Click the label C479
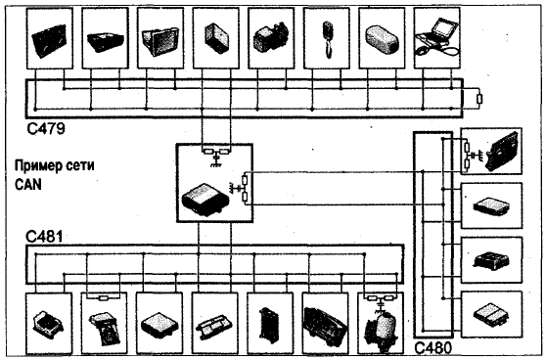[46, 128]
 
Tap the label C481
[44, 237]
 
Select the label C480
[433, 348]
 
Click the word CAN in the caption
[28, 184]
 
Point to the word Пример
[34, 165]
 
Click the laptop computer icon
[437, 37]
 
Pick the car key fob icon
[327, 39]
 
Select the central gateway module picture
[204, 201]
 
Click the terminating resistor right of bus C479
[479, 99]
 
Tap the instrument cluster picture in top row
[49, 40]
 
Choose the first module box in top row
[50, 38]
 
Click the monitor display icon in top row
[160, 41]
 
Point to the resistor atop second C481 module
[104, 297]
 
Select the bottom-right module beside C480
[491, 314]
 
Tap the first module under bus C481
[49, 323]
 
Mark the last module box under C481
[381, 323]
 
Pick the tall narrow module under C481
[269, 326]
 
